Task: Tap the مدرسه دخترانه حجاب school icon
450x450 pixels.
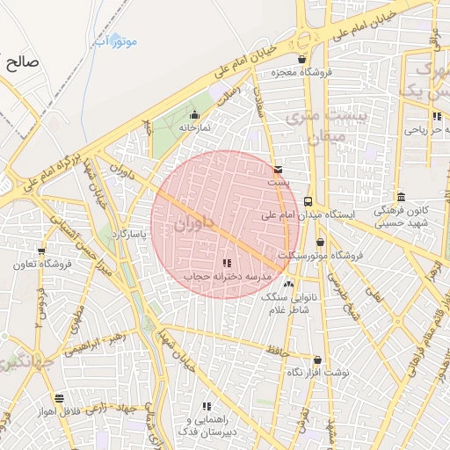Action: tap(227, 263)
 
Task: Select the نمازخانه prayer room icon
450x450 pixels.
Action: tap(194, 115)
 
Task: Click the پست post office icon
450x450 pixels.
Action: tap(279, 170)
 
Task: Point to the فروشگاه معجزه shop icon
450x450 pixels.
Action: tap(302, 60)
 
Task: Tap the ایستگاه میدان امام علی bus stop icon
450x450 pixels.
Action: tap(308, 201)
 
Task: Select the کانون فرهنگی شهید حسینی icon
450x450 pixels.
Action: tap(401, 197)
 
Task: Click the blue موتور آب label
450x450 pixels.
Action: tap(116, 41)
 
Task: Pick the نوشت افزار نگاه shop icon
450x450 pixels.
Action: tap(316, 360)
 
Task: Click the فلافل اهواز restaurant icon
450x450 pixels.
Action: tap(59, 398)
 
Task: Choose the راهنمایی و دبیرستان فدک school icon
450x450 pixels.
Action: tap(207, 406)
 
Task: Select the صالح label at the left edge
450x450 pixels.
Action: tap(19, 62)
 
